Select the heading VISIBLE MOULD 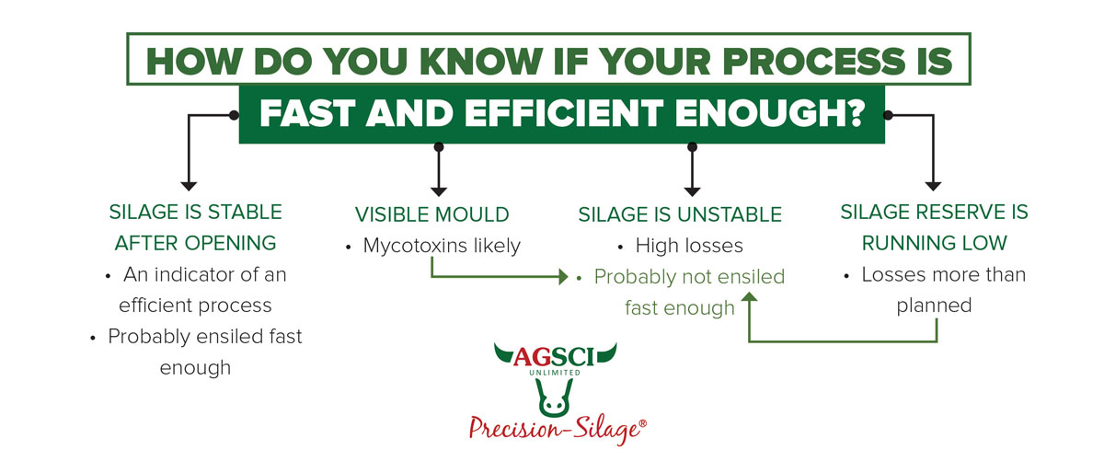tap(431, 214)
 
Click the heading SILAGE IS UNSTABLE tap(680, 214)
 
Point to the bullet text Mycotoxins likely tap(442, 246)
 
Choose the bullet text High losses tap(689, 245)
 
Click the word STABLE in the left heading tap(245, 212)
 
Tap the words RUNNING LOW tap(934, 243)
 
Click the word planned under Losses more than tap(934, 306)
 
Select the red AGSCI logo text tap(554, 357)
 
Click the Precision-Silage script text tap(558, 429)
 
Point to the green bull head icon tap(554, 398)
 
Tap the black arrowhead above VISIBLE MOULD tap(439, 191)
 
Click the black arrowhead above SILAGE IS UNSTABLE tap(692, 191)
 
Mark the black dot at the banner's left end tap(234, 115)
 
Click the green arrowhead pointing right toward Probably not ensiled tap(563, 277)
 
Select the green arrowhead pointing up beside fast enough tap(749, 296)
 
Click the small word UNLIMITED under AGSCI tap(555, 373)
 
